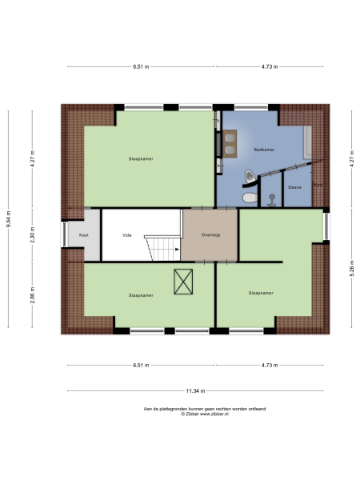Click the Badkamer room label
point(263,150)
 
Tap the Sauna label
point(294,188)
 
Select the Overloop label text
point(210,236)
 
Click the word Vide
point(126,236)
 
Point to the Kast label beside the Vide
point(82,236)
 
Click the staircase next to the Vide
point(162,247)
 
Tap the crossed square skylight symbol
point(184,281)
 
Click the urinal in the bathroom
point(253,174)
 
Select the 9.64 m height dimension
point(9,217)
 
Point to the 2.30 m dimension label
point(33,236)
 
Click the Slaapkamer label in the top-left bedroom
point(141,158)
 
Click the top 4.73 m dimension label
point(269,66)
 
